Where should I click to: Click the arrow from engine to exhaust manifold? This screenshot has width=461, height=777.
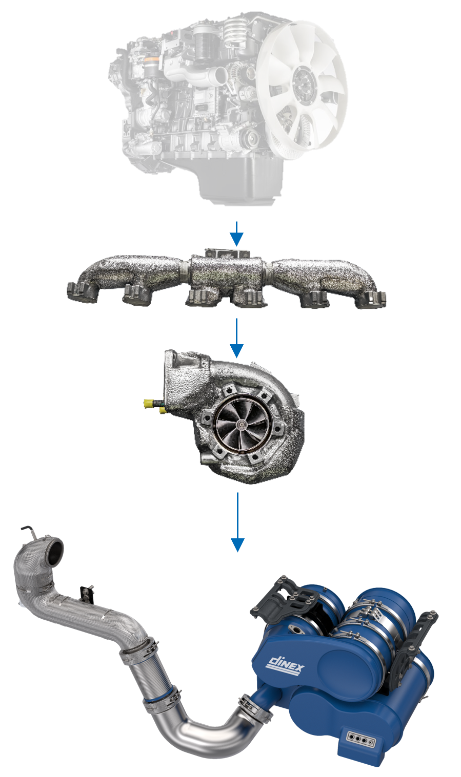236,234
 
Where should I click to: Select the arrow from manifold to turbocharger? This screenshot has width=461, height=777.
236,339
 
